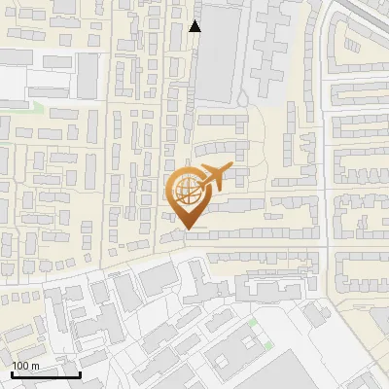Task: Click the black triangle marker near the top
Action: [195, 26]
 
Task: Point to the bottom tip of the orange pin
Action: [189, 229]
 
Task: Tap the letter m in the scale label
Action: [37, 366]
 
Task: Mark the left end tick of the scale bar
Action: [13, 373]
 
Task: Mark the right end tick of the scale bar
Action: [80, 373]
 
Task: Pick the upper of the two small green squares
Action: [254, 322]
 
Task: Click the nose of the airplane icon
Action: [234, 168]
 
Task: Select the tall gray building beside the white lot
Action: [88, 73]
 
